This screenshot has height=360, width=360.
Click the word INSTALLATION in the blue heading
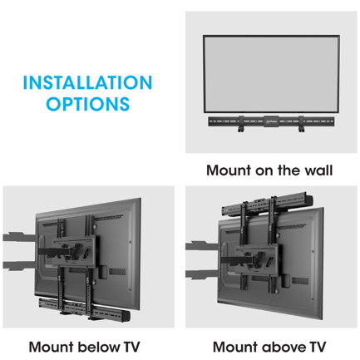pyautogui.click(x=87, y=83)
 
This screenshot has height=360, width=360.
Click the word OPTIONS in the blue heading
pyautogui.click(x=87, y=106)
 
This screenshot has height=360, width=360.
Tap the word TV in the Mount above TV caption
pyautogui.click(x=318, y=347)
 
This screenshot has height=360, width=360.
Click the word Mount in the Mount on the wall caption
pyautogui.click(x=227, y=170)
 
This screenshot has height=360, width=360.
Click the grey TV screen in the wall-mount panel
pyautogui.click(x=271, y=72)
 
